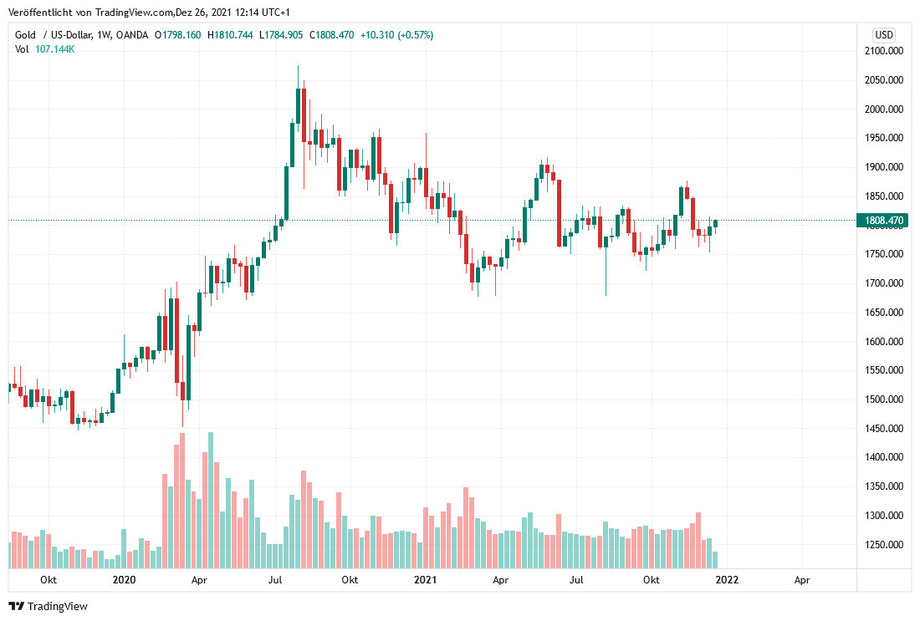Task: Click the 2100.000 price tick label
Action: pyautogui.click(x=884, y=51)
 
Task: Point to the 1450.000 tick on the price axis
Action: pyautogui.click(x=884, y=429)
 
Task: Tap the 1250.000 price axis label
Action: pyautogui.click(x=884, y=545)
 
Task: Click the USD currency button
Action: pyautogui.click(x=884, y=35)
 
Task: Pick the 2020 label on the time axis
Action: pyautogui.click(x=124, y=580)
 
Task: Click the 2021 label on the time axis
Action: pyautogui.click(x=425, y=580)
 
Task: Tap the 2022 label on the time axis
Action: pyautogui.click(x=726, y=580)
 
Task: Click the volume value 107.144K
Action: pyautogui.click(x=55, y=49)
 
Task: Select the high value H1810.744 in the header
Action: pyautogui.click(x=232, y=35)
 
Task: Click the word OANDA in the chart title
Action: pyautogui.click(x=134, y=35)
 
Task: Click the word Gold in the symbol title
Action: pyautogui.click(x=26, y=35)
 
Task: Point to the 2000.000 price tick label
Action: pyautogui.click(x=884, y=109)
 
